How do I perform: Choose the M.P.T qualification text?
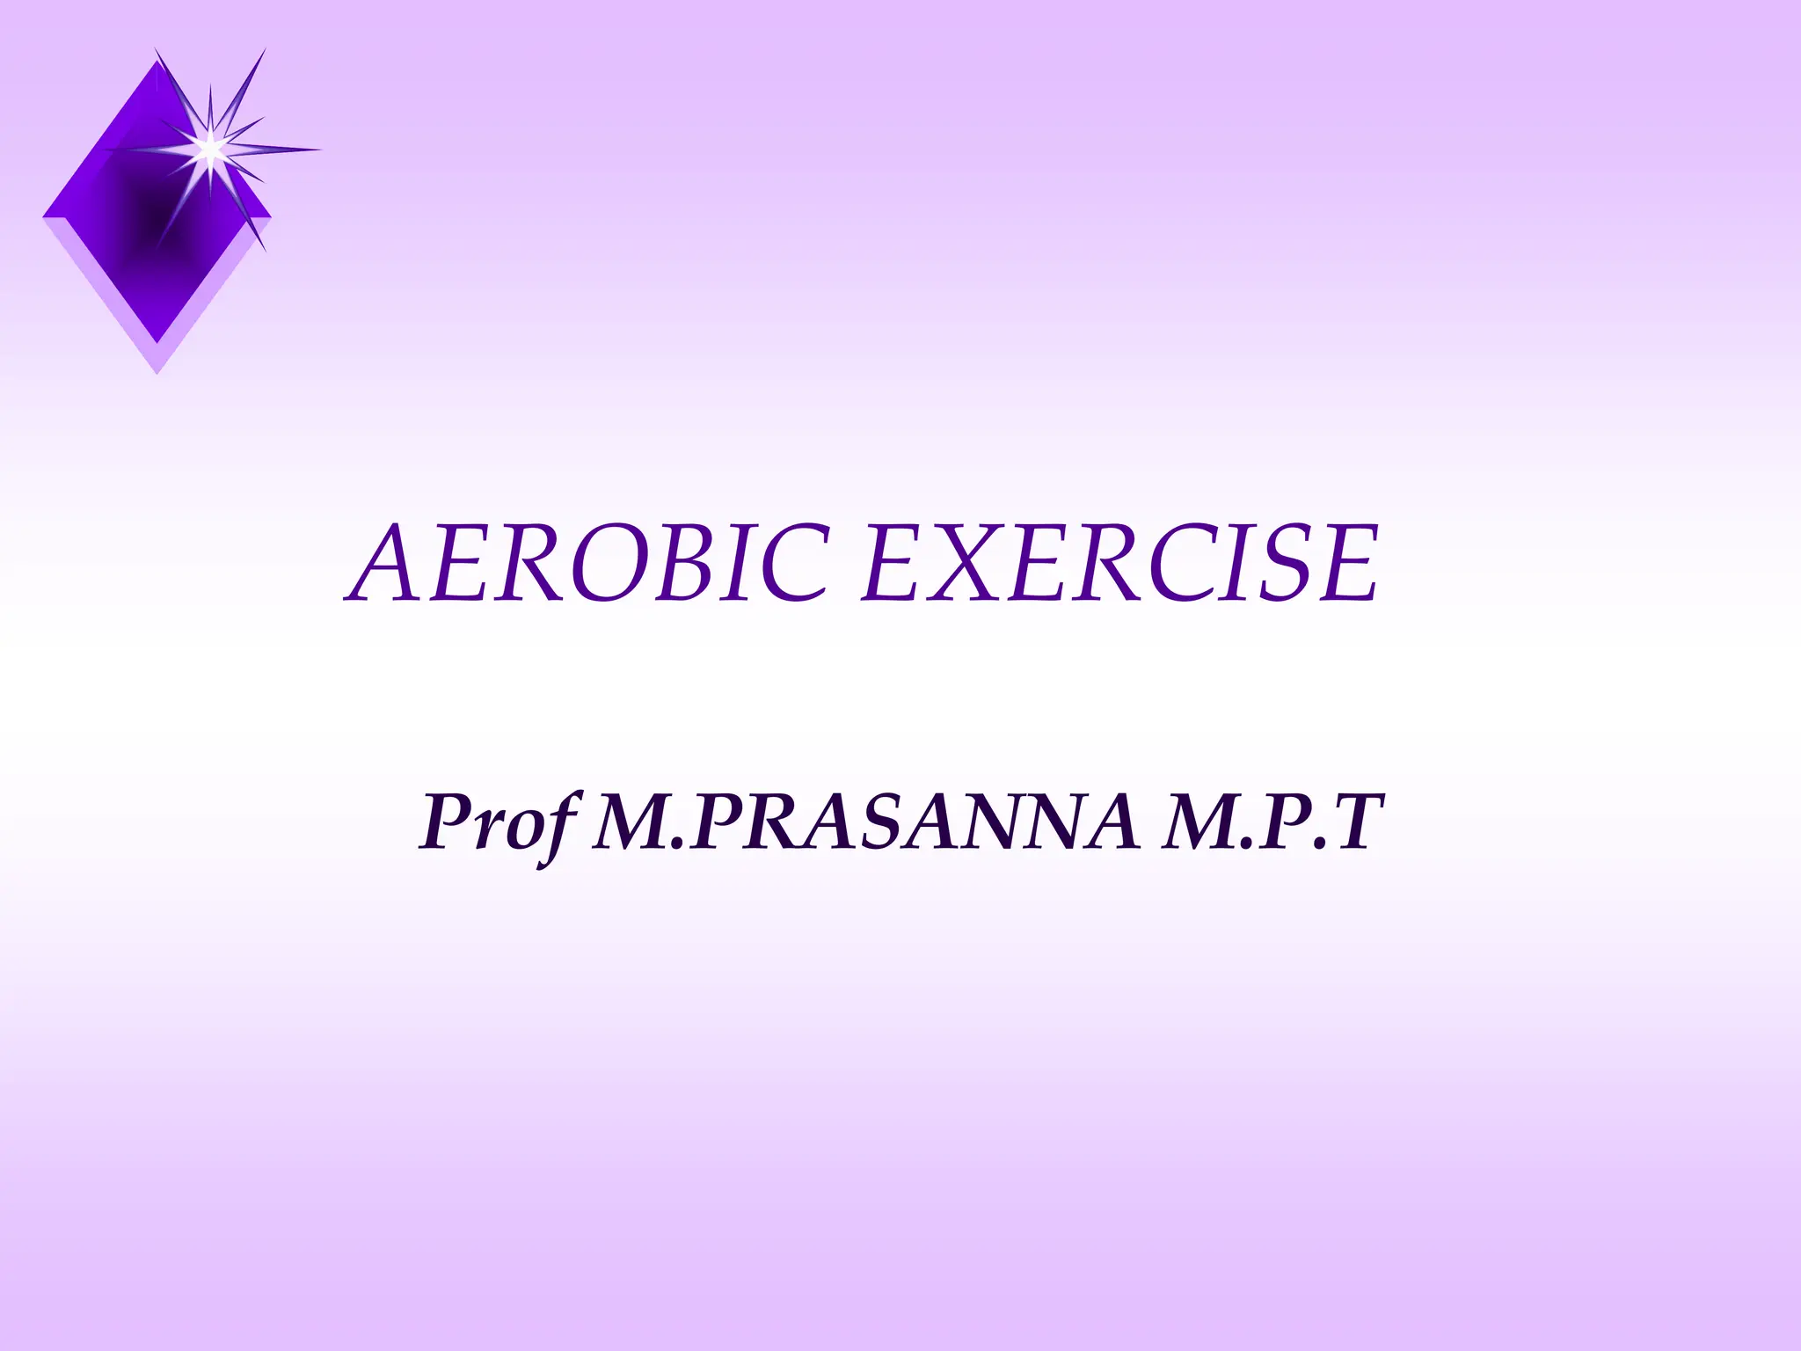click(x=1266, y=822)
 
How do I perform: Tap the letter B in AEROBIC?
click(x=708, y=564)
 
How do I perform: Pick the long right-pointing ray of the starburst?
click(x=281, y=150)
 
